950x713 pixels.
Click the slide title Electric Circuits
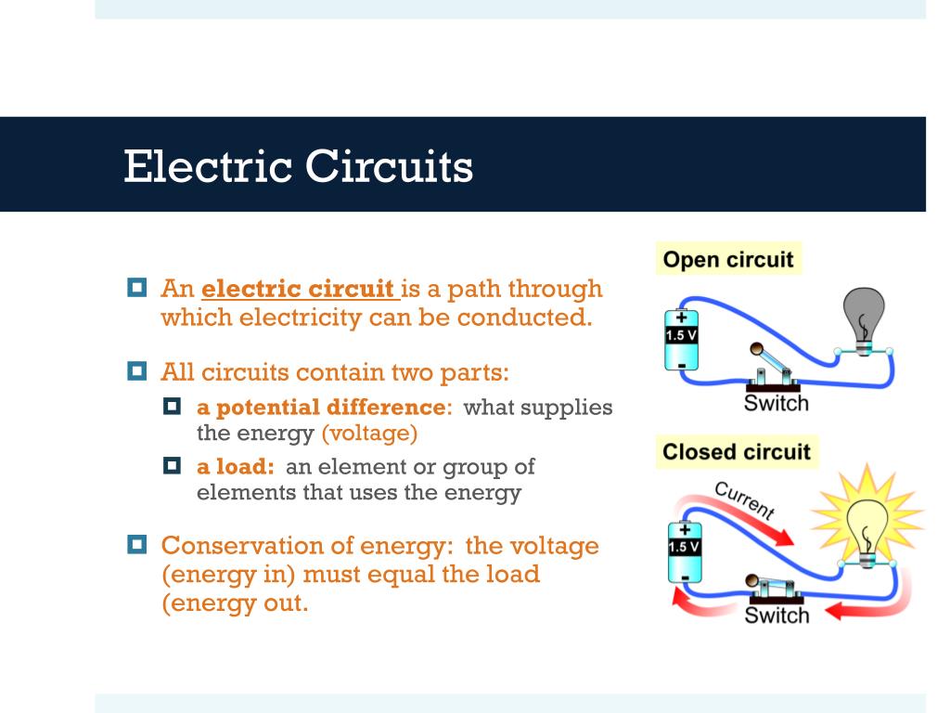[298, 167]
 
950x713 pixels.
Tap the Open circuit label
[728, 259]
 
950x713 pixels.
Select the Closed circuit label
[736, 452]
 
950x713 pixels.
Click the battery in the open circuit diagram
[682, 340]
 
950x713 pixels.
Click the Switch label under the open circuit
[777, 403]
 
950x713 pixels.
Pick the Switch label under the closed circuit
[777, 615]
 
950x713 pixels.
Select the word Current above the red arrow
[744, 499]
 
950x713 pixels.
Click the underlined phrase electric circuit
[300, 289]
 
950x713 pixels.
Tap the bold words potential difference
[321, 407]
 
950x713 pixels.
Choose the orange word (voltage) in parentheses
[369, 433]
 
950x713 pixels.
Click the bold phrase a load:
[235, 466]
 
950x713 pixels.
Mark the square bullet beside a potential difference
[173, 406]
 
